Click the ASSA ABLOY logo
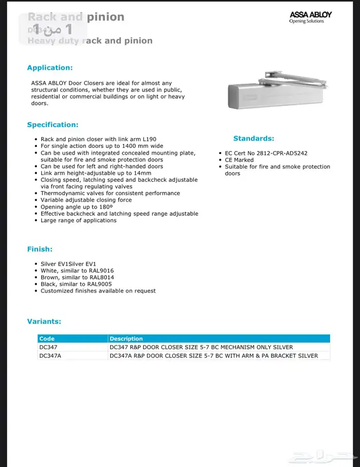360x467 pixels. coord(310,17)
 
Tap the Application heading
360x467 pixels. coord(50,68)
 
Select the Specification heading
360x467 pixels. coord(52,125)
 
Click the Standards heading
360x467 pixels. coord(254,138)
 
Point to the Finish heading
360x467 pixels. coord(40,249)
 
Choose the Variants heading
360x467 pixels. coord(44,322)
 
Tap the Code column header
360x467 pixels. coord(47,339)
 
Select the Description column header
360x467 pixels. coord(126,339)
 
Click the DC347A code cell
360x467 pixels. coord(50,356)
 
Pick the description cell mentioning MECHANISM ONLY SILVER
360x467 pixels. coord(201,347)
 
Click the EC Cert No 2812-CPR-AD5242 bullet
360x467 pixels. coord(266,153)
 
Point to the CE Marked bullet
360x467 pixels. coord(239,160)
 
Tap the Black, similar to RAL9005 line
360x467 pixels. coord(76,284)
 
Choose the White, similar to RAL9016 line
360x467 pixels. coord(77,271)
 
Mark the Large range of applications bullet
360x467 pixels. coord(79,220)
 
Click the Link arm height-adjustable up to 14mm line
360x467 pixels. coord(96,173)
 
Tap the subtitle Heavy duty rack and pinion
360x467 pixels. coord(90,41)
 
